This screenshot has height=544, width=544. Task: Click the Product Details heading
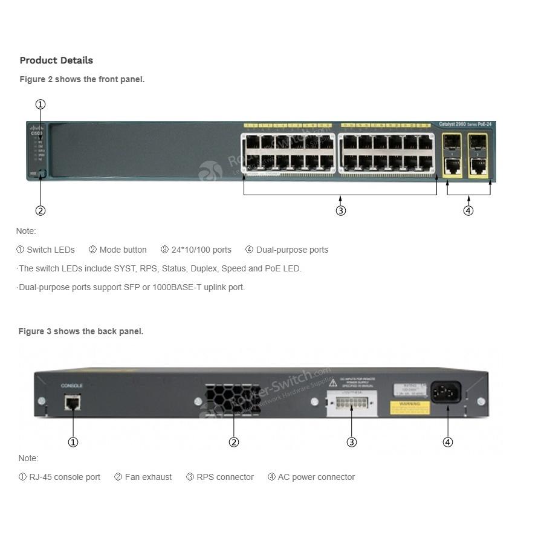coord(56,60)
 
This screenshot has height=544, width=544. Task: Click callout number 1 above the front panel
coord(40,105)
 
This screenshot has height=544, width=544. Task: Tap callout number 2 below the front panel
coord(40,211)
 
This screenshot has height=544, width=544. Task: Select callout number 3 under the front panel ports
coord(341,211)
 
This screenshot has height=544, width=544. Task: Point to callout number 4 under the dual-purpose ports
coord(468,211)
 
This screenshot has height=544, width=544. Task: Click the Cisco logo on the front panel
coord(37,131)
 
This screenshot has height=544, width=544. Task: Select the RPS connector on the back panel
coord(351,403)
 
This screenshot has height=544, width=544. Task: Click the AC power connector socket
coord(446,393)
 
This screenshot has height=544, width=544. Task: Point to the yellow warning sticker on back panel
coord(410,408)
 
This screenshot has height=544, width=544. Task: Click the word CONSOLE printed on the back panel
coord(72,385)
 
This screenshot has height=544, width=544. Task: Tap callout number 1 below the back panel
coord(73,442)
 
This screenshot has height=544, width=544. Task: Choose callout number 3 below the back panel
coord(352,442)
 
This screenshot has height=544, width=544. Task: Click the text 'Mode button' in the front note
coord(123,250)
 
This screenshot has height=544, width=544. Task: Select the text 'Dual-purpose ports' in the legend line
coord(292,250)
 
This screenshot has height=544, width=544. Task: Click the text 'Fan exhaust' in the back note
coord(148,477)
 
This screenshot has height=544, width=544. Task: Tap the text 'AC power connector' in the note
coord(316,477)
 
